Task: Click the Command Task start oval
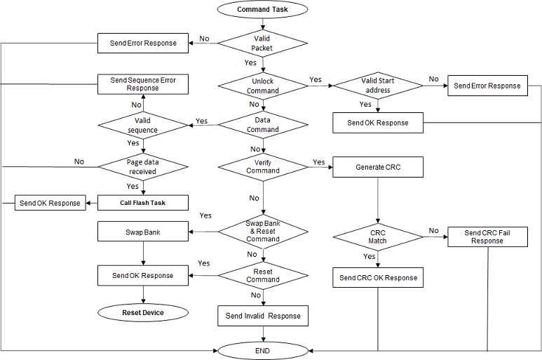point(262,10)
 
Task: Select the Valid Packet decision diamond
point(262,44)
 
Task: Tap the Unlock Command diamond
point(262,86)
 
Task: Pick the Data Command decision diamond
point(262,125)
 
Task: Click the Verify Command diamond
point(262,166)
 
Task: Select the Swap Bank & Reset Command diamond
point(262,230)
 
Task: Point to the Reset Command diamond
point(262,275)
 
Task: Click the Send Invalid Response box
point(262,316)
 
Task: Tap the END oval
point(262,349)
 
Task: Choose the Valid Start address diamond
point(377,86)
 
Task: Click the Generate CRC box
point(378,166)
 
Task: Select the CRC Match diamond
point(378,236)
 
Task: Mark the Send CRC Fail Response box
point(487,236)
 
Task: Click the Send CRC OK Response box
point(378,278)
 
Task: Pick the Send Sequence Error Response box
point(143,84)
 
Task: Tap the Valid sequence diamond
point(143,125)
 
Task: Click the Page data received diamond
point(143,166)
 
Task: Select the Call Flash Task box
point(143,203)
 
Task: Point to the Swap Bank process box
point(143,231)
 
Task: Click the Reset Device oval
point(143,312)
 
